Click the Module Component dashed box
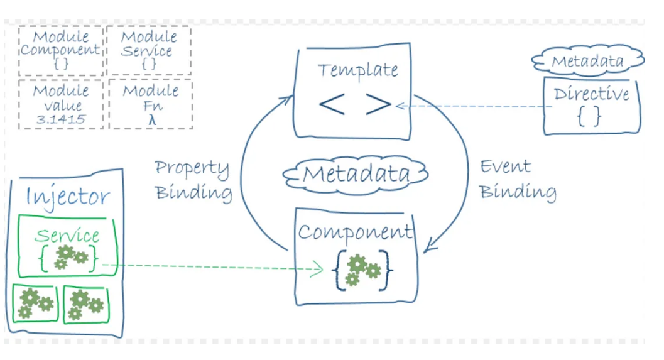point(60,50)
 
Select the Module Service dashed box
point(149,50)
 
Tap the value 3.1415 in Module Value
point(61,119)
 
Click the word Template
point(357,69)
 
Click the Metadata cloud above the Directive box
point(587,61)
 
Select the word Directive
point(591,94)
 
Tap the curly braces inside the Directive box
point(589,117)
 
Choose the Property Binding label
point(192,180)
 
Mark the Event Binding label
point(517,179)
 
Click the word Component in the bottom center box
point(356,232)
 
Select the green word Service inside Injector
point(67,236)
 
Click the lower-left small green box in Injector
point(35,304)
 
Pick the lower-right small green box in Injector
point(85,305)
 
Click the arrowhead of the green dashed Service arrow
point(319,270)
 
